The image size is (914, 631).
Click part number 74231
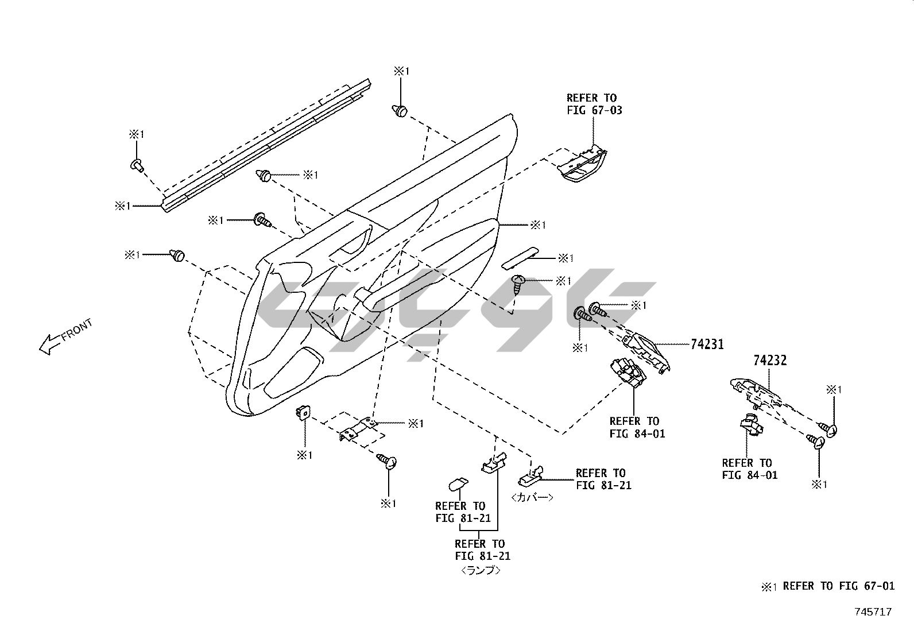(x=707, y=344)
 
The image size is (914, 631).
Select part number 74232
(x=770, y=361)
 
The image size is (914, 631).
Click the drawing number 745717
(x=873, y=612)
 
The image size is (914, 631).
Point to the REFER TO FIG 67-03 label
(x=594, y=104)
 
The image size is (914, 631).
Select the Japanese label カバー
(x=532, y=498)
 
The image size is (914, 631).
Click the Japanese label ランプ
(x=481, y=571)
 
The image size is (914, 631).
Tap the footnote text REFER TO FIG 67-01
(x=838, y=586)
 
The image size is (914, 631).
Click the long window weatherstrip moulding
(x=264, y=147)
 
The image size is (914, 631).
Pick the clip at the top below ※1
(x=400, y=110)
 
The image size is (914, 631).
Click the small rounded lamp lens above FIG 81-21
(x=458, y=484)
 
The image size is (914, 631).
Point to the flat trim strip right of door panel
(x=520, y=258)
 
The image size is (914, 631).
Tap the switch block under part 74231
(x=629, y=373)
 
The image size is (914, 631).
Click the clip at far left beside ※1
(x=177, y=255)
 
